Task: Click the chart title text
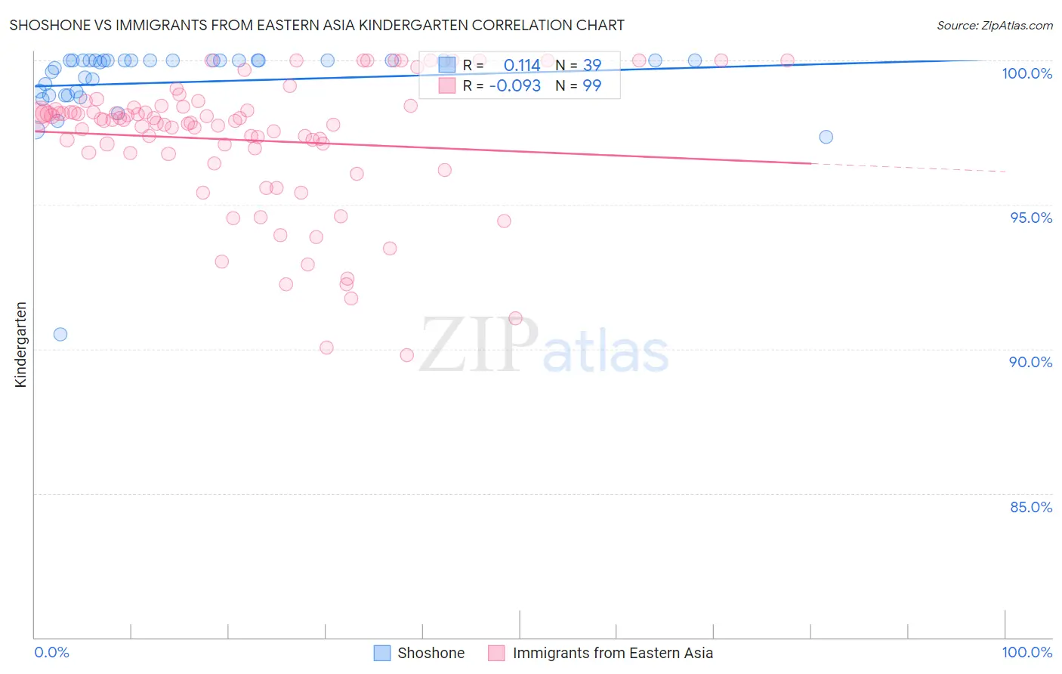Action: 316,25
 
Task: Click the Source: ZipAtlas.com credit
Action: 994,25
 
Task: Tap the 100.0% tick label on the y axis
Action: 1026,73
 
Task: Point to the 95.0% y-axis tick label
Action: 1031,218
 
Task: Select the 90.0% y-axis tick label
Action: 1030,362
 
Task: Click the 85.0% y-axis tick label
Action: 1031,507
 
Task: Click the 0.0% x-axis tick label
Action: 51,652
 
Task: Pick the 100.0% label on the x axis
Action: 1026,652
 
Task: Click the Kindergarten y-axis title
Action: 20,345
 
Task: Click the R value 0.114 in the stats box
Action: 522,66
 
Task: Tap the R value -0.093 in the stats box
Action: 515,86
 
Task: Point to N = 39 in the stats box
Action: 579,66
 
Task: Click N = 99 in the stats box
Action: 579,86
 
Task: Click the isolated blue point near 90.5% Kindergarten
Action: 60,334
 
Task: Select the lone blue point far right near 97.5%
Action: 826,137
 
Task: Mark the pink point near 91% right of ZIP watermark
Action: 515,318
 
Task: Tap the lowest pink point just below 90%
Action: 406,355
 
